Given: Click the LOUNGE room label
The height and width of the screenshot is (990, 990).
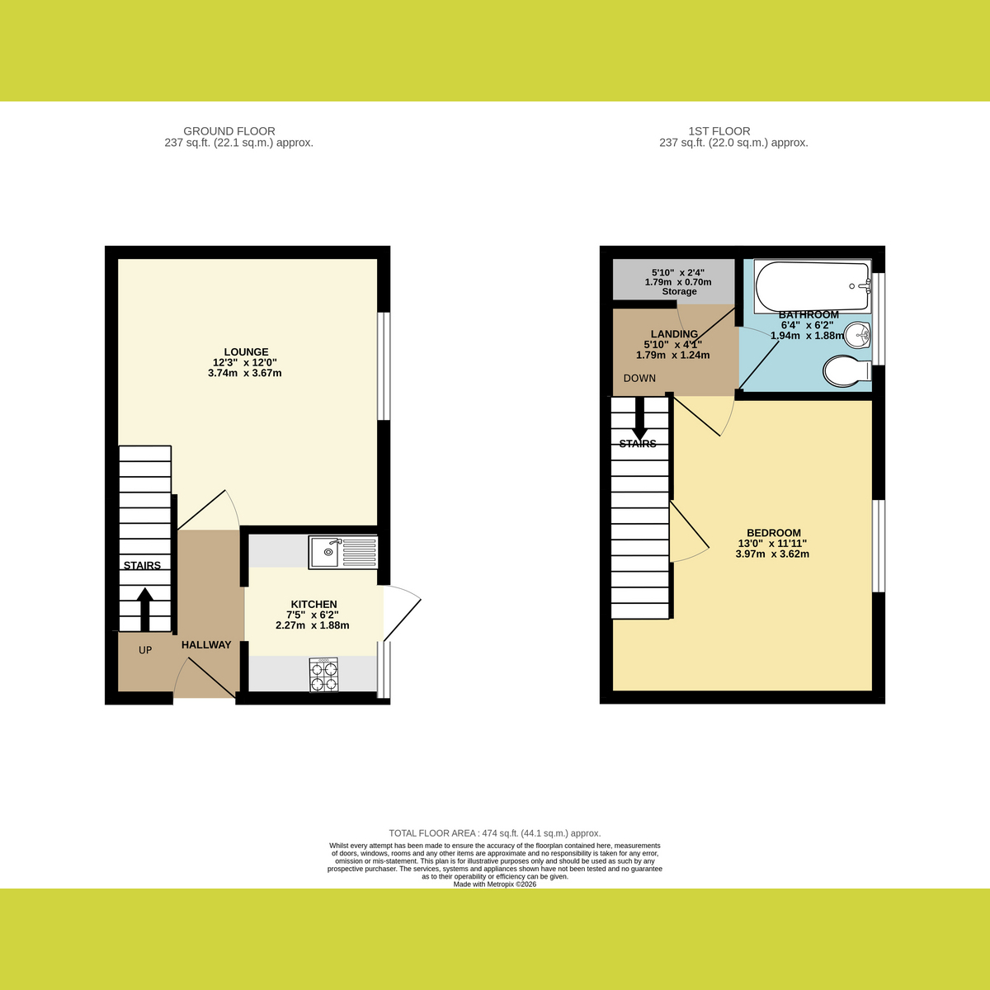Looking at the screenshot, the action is coord(246,352).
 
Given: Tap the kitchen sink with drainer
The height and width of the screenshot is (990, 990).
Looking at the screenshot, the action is coord(343,552).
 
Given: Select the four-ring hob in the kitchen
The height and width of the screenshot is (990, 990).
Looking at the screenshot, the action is coord(323,675).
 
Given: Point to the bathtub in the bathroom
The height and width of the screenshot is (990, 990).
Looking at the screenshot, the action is coord(813,285).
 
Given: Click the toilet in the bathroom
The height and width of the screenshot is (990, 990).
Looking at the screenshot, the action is coord(847,370).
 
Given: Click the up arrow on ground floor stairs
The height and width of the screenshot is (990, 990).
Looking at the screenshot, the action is coord(145,610).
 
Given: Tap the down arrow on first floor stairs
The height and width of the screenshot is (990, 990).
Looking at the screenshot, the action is coord(639,419).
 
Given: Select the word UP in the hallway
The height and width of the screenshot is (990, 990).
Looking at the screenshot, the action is coord(145,650).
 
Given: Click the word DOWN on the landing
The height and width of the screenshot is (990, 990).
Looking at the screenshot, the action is coord(639,378).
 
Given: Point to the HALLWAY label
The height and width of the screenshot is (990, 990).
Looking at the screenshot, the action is coord(206,645).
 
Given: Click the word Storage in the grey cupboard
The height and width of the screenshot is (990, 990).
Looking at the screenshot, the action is coord(679,291).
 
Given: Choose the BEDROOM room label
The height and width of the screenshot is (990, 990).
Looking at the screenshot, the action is coord(774,533).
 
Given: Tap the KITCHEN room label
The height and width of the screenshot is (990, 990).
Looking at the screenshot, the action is coord(313,604).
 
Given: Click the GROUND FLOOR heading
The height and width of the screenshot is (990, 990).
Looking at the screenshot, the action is coord(229,131).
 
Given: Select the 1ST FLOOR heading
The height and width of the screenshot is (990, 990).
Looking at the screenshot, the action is coord(719,131).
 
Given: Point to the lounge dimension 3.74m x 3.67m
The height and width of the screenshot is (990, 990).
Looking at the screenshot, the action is coord(244,373).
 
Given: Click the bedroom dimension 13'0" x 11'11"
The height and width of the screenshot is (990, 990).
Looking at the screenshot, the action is coord(773,543).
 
